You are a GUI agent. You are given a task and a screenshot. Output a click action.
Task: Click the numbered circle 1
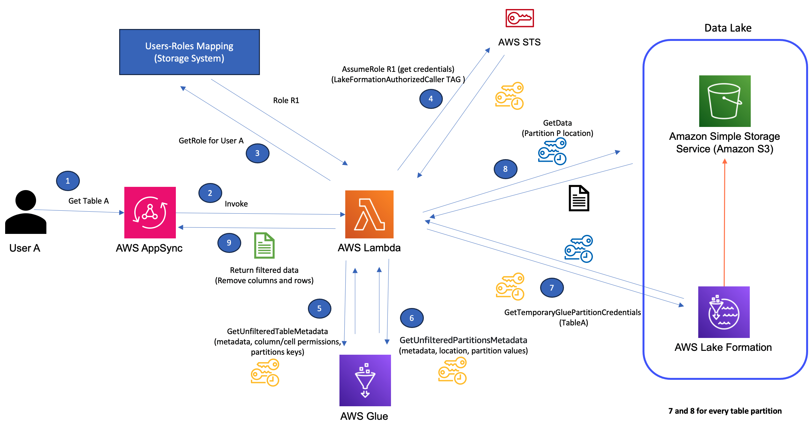[68, 181]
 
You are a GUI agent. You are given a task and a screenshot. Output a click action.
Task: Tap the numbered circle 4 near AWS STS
[431, 99]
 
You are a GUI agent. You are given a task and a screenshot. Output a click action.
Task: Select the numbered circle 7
[552, 288]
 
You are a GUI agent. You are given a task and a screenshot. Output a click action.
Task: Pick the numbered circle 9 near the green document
[229, 243]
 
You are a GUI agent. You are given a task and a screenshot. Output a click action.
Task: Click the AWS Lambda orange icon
[369, 214]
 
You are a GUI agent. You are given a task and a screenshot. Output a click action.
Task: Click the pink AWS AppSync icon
[150, 212]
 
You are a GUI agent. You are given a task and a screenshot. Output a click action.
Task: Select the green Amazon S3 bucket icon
[725, 101]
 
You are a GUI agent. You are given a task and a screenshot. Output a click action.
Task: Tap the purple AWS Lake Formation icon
[724, 312]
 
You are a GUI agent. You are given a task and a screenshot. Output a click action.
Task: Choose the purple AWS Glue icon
[365, 380]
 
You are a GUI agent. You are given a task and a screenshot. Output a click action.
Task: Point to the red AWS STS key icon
[519, 18]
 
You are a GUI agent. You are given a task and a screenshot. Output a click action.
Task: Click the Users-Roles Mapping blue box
[189, 52]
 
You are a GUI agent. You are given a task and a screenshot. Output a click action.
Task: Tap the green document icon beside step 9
[264, 245]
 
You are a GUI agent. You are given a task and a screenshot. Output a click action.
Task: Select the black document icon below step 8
[579, 198]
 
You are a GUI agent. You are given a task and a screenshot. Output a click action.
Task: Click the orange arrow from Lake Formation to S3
[724, 222]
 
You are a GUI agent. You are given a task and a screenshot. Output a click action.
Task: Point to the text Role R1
[286, 101]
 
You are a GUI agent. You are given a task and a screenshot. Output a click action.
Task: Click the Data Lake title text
[728, 28]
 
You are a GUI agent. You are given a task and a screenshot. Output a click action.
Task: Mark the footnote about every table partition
[725, 411]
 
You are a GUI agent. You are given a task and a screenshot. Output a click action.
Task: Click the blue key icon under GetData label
[552, 151]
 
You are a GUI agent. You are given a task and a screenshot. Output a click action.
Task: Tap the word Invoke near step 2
[236, 204]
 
